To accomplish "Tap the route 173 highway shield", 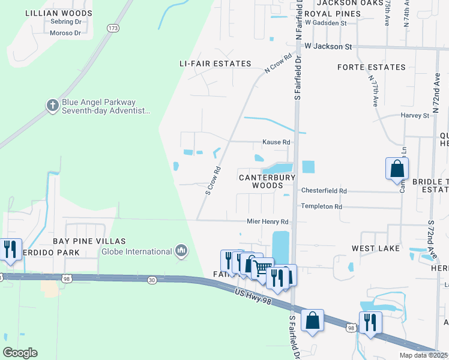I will click(x=112, y=28).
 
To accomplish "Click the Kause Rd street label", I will click(x=276, y=142).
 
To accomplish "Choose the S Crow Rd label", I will click(x=214, y=181).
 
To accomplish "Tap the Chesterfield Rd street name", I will click(x=324, y=191).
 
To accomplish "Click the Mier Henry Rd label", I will click(x=268, y=221).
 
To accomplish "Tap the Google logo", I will click(x=20, y=353).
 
